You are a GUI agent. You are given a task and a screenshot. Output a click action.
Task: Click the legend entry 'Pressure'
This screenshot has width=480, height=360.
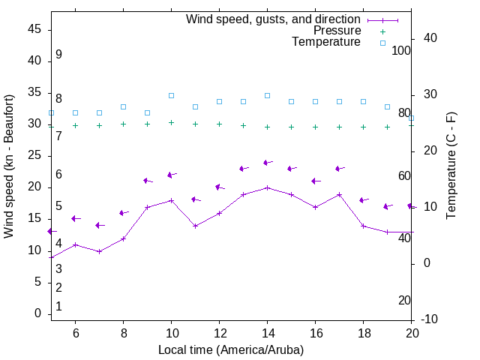(x=337, y=31)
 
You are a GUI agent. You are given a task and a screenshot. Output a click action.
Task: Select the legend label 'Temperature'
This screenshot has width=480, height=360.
(x=326, y=42)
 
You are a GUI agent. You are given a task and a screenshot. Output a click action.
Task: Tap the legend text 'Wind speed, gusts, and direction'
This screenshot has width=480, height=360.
(x=274, y=19)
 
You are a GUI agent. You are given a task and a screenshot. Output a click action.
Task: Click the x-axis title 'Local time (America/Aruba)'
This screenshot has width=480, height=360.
(x=231, y=349)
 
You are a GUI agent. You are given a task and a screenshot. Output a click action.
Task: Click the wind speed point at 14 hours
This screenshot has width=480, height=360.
(x=267, y=187)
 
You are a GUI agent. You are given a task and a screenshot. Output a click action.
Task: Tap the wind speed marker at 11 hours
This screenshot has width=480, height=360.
(x=195, y=226)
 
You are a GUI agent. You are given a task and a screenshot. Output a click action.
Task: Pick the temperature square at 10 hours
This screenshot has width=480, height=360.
(x=171, y=96)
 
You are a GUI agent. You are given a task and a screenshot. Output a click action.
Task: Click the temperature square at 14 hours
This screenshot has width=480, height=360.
(x=267, y=96)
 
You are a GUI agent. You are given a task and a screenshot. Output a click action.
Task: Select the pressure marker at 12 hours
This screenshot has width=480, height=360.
(x=219, y=124)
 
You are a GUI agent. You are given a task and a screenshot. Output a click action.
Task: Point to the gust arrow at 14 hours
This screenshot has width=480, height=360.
(x=267, y=163)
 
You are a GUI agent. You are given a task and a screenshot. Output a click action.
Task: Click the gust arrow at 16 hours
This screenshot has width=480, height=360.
(x=315, y=181)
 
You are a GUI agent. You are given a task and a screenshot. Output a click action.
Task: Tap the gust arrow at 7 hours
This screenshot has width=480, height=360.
(x=99, y=225)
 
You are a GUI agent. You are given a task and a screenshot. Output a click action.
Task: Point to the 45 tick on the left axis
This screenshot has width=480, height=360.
(x=34, y=29)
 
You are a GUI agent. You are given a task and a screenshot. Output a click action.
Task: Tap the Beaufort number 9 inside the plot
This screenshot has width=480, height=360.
(x=58, y=55)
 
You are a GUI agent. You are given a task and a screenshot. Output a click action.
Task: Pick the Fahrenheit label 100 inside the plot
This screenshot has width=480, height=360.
(x=401, y=50)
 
